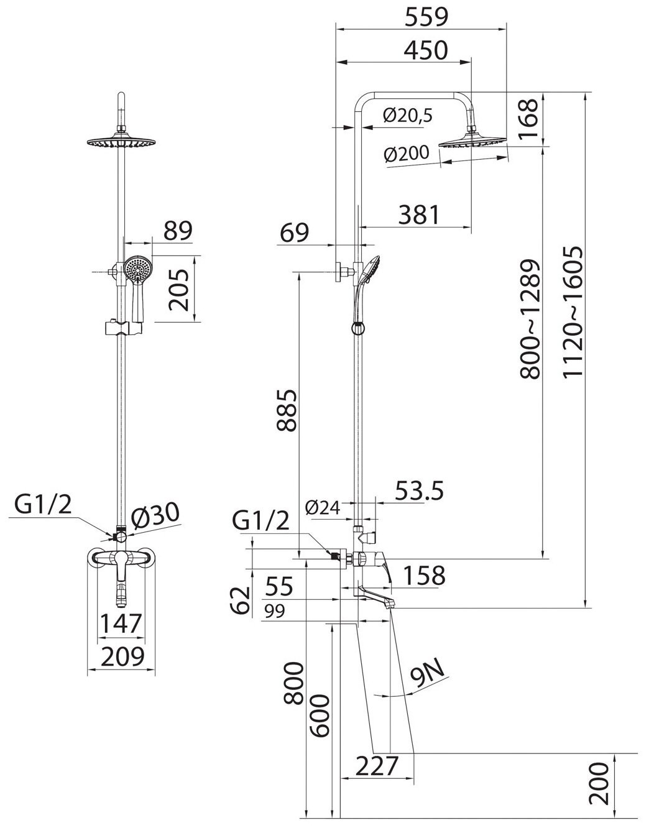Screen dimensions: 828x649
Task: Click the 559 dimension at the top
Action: pyautogui.click(x=426, y=17)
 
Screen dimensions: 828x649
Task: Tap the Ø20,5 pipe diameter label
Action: pyautogui.click(x=408, y=116)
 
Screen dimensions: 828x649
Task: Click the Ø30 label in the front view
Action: pyautogui.click(x=155, y=514)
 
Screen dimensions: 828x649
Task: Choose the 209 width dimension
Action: pyautogui.click(x=122, y=656)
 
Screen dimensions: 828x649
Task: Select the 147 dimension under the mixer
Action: pyautogui.click(x=122, y=623)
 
